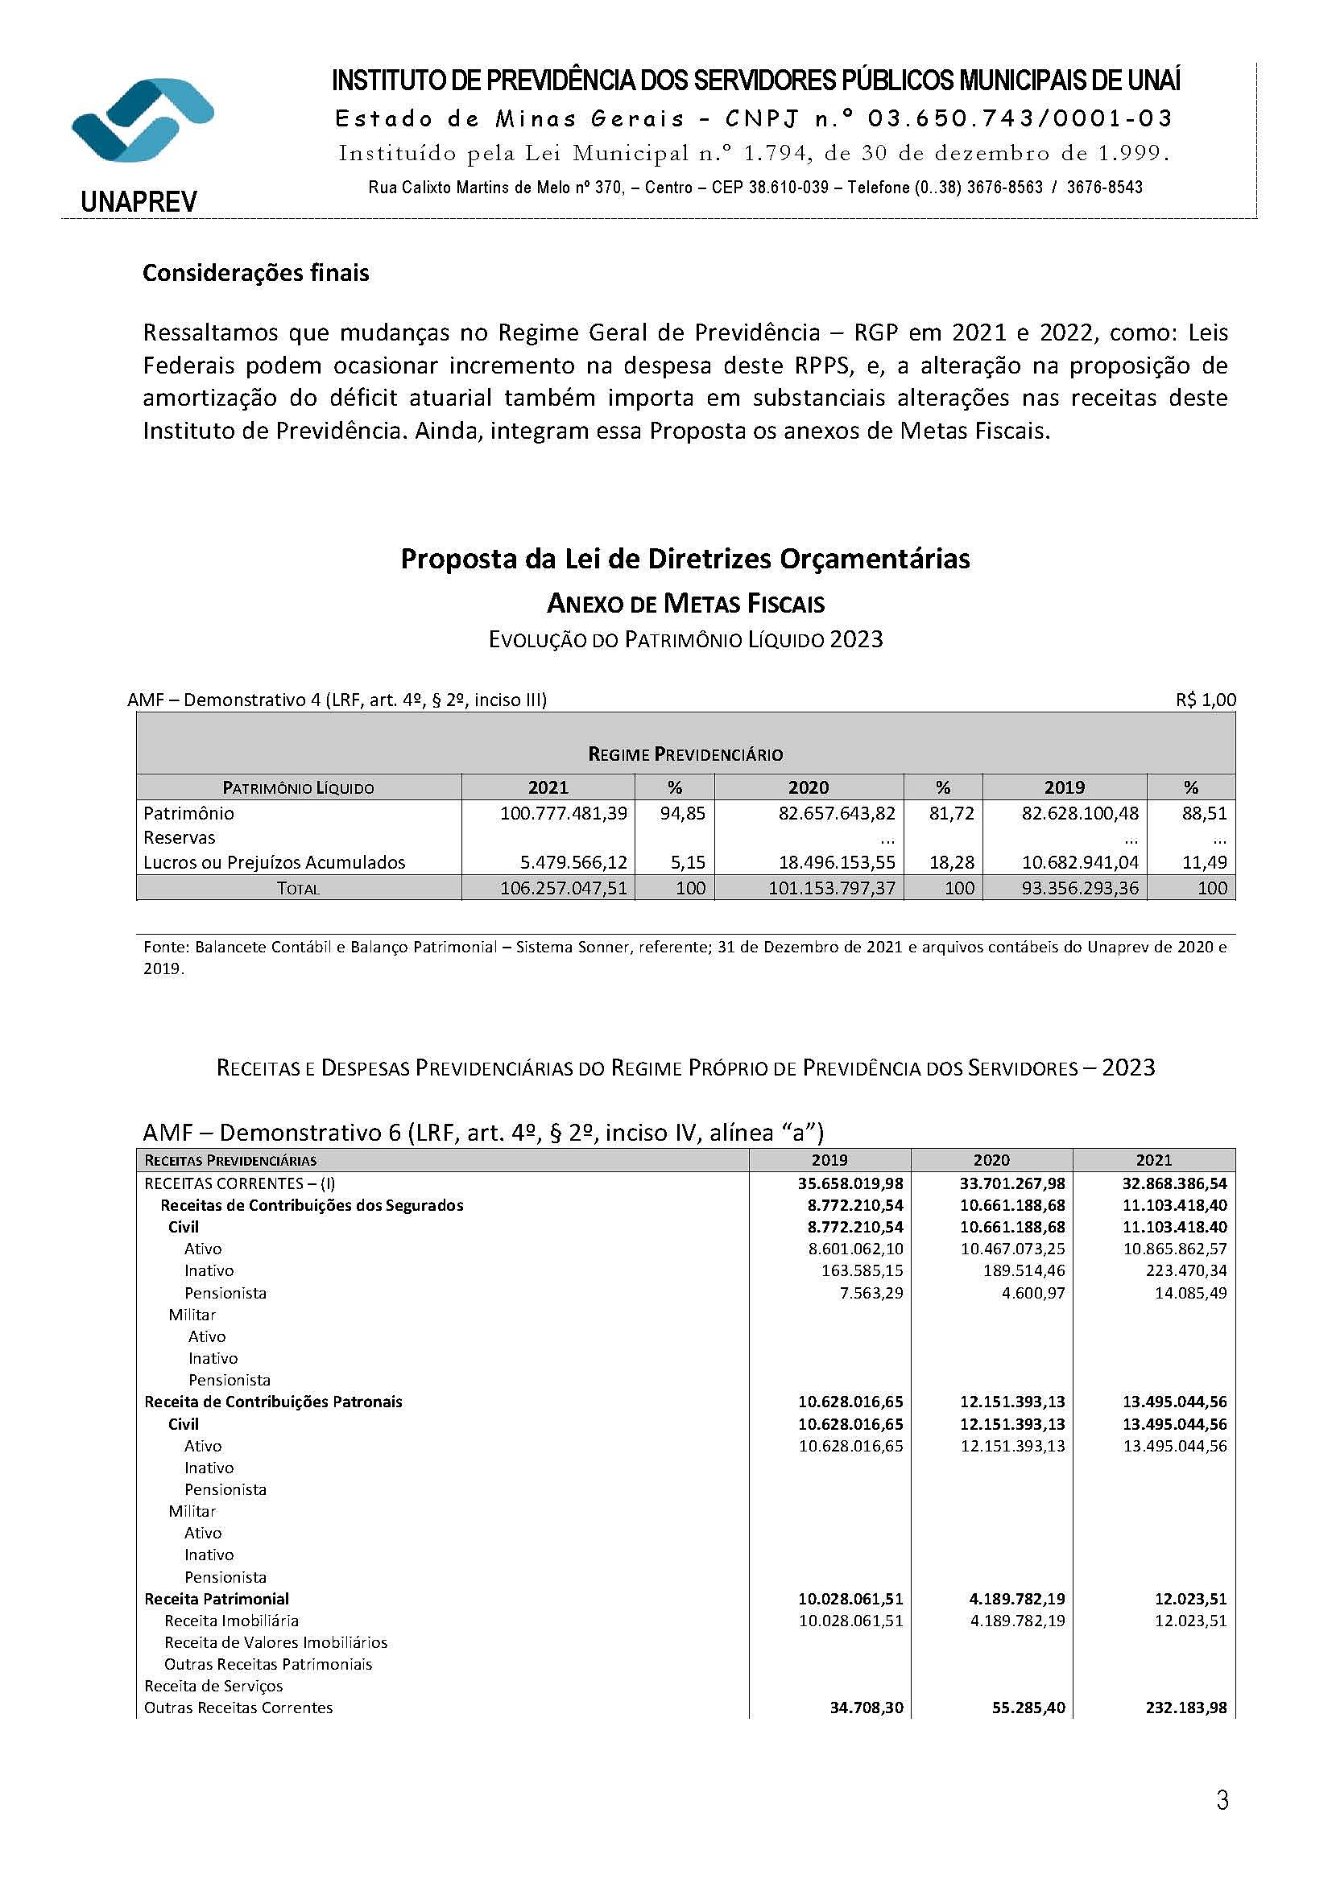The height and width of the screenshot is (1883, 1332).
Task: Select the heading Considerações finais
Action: tap(256, 273)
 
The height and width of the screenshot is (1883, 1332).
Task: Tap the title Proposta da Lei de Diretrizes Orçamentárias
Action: tap(685, 559)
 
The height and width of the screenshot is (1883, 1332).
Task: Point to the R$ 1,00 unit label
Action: tap(1205, 700)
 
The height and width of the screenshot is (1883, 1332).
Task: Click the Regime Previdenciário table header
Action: tap(685, 754)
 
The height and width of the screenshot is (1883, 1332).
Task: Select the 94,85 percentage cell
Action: tap(682, 813)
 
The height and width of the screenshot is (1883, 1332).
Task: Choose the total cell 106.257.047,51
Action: tap(564, 887)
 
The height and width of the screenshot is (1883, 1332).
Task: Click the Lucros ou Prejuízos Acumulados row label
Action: tap(274, 862)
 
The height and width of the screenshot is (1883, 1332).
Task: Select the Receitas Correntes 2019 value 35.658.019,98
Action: tap(850, 1183)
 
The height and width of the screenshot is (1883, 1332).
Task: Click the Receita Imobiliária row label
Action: tap(231, 1621)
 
